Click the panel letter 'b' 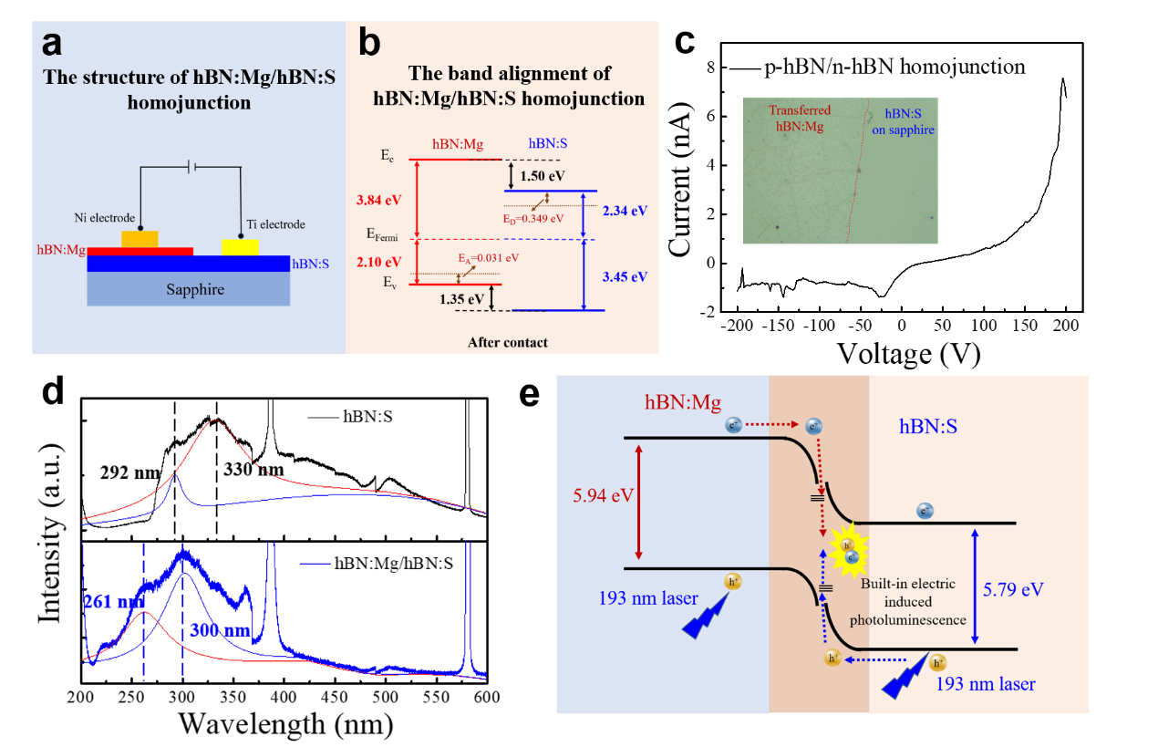(x=369, y=42)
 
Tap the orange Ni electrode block (x=140, y=239)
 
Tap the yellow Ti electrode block (x=240, y=247)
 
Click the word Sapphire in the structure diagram (x=194, y=290)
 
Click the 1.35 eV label (x=463, y=297)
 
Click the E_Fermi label (x=382, y=234)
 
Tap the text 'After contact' (x=508, y=343)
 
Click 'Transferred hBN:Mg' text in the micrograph (x=799, y=119)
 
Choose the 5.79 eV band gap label (x=1013, y=588)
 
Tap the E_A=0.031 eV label (x=488, y=258)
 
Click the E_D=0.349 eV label (x=533, y=220)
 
